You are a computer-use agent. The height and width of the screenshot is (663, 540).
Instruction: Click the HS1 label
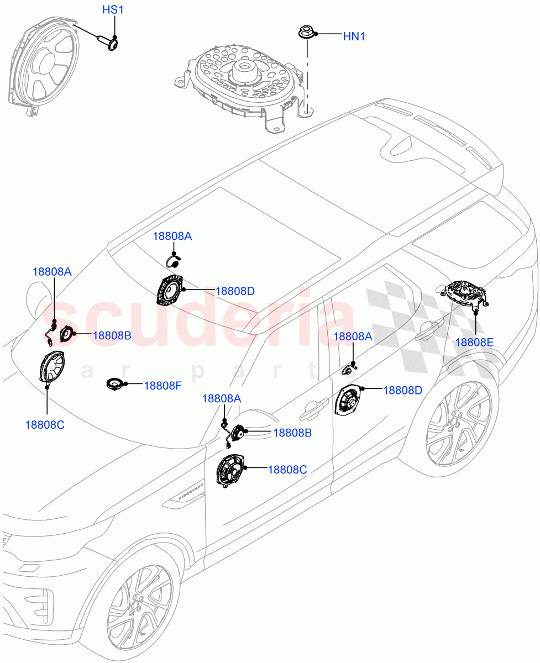[x=114, y=10]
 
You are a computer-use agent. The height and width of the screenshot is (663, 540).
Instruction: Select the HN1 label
[x=354, y=36]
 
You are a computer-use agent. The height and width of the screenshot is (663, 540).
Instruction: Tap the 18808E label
[x=474, y=342]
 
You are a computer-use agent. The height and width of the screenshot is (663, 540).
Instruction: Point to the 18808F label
[x=162, y=386]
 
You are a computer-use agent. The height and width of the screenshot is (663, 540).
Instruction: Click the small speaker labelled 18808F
[x=116, y=383]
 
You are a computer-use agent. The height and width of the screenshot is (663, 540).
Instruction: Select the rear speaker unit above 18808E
[x=465, y=293]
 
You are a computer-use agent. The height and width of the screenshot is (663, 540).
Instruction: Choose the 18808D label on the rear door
[x=402, y=390]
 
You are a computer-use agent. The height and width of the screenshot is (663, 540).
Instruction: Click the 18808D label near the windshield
[x=235, y=291]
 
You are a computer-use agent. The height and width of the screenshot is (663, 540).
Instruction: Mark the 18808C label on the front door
[x=287, y=470]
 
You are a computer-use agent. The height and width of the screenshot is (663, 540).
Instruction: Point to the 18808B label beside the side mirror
[x=292, y=433]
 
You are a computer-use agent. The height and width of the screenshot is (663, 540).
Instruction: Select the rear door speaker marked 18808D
[x=348, y=401]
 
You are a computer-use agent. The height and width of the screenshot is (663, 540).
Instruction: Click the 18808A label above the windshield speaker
[x=172, y=236]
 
